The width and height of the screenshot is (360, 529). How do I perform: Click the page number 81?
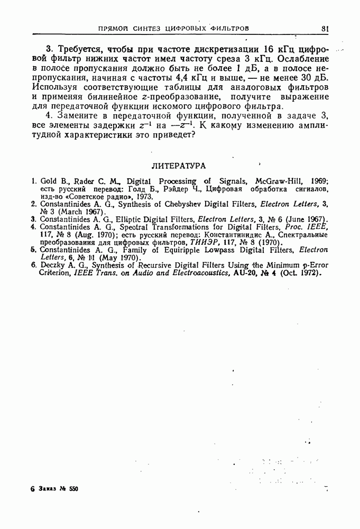click(x=325, y=28)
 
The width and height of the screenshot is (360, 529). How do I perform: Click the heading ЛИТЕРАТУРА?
click(x=179, y=166)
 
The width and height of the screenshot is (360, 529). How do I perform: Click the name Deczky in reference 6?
click(x=52, y=265)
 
